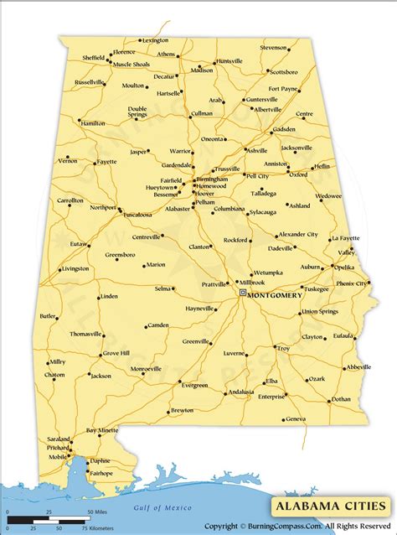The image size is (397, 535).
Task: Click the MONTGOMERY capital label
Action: pyautogui.click(x=277, y=293)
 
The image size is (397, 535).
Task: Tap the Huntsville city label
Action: pyautogui.click(x=229, y=61)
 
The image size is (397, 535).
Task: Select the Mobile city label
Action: pyautogui.click(x=57, y=457)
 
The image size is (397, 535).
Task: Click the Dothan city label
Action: pyautogui.click(x=341, y=399)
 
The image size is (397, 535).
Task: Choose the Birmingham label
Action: pyautogui.click(x=212, y=179)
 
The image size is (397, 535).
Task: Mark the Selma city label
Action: pyautogui.click(x=162, y=288)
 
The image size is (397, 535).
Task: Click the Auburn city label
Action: pyautogui.click(x=311, y=267)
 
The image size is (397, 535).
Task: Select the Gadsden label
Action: pyautogui.click(x=285, y=130)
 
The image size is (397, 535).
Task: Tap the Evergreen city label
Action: pyautogui.click(x=194, y=385)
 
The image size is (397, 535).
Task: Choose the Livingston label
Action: pyautogui.click(x=75, y=269)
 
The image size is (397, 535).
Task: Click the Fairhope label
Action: pyautogui.click(x=101, y=473)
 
